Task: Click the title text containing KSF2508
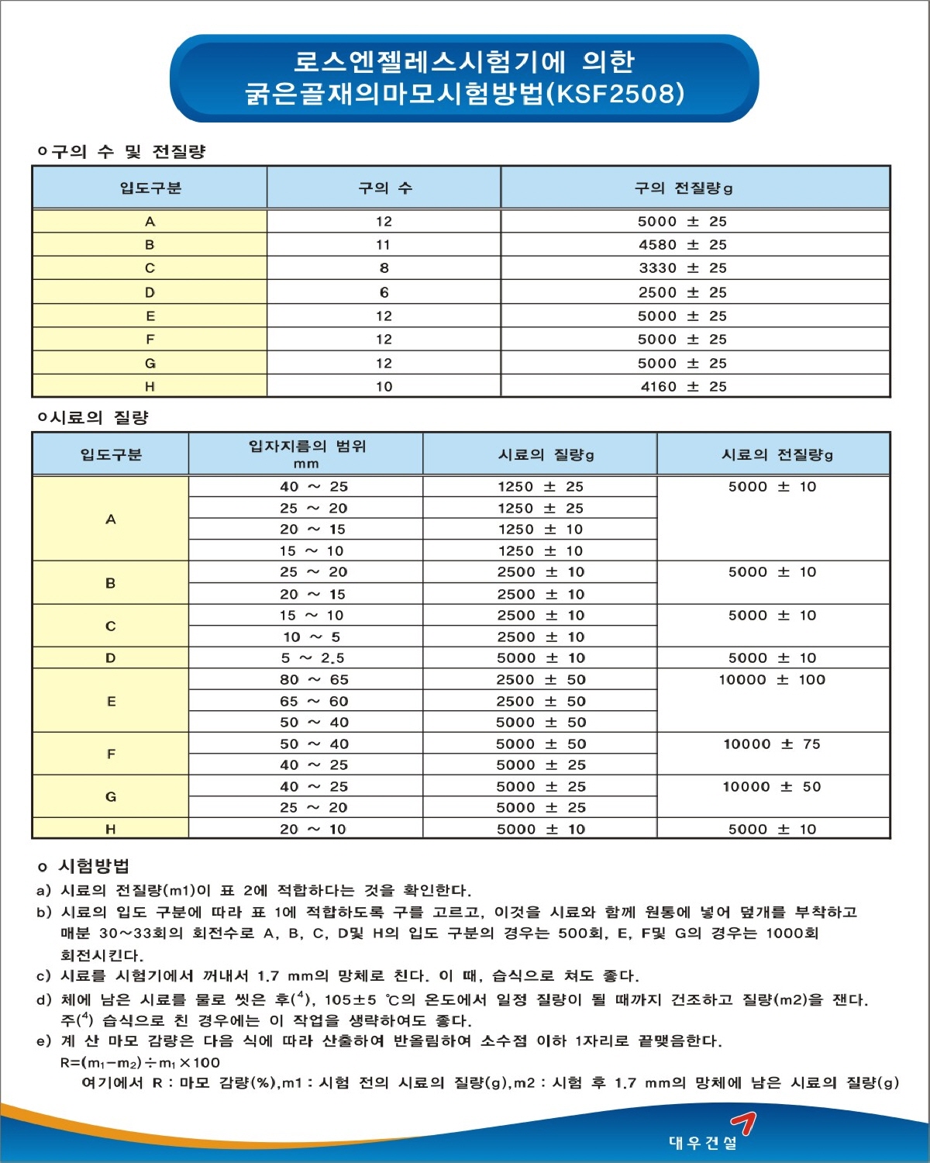pos(464,94)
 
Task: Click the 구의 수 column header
pos(384,188)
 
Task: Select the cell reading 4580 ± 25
pos(682,245)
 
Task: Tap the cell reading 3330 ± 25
pos(682,268)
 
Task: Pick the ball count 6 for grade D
pos(384,292)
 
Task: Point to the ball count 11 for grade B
pos(384,245)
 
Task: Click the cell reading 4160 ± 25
pos(683,387)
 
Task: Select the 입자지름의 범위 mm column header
pos(306,454)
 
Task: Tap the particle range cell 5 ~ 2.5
pos(312,658)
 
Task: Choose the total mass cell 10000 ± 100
pos(772,680)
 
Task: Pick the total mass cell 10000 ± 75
pos(772,744)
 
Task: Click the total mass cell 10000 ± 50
pos(772,787)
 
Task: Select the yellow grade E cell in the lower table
pos(111,702)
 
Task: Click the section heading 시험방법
pos(94,866)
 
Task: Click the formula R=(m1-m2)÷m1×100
pos(140,1062)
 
